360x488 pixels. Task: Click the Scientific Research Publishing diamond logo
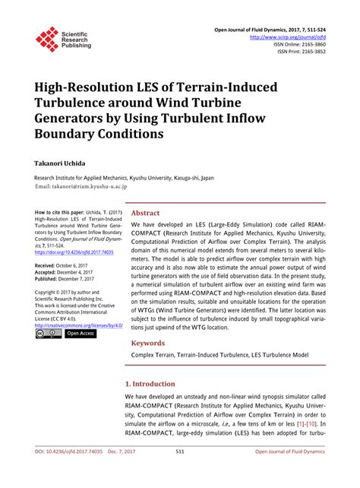coord(47,38)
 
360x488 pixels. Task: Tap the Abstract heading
coord(146,214)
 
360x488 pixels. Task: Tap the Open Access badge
coord(81,334)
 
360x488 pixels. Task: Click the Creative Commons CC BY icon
coord(48,334)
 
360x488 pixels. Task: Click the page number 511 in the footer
coord(180,472)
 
